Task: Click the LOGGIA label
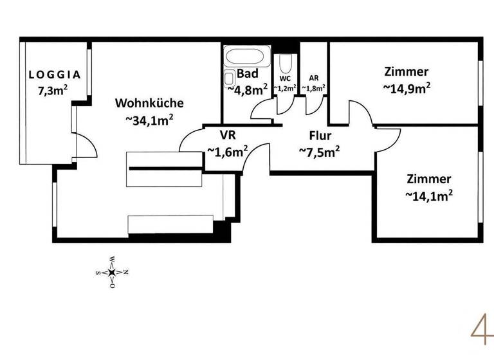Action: [x=55, y=75]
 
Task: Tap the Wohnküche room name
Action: [x=149, y=103]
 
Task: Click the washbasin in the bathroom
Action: [x=229, y=78]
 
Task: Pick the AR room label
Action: [x=314, y=78]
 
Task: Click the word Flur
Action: [x=319, y=136]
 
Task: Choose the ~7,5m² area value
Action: [x=319, y=152]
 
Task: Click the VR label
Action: [x=227, y=136]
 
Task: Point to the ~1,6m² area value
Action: [x=227, y=152]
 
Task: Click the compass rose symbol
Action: [x=112, y=273]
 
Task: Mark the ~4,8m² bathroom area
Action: [x=248, y=89]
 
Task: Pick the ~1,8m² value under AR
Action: [x=313, y=88]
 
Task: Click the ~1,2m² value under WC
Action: [x=285, y=88]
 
